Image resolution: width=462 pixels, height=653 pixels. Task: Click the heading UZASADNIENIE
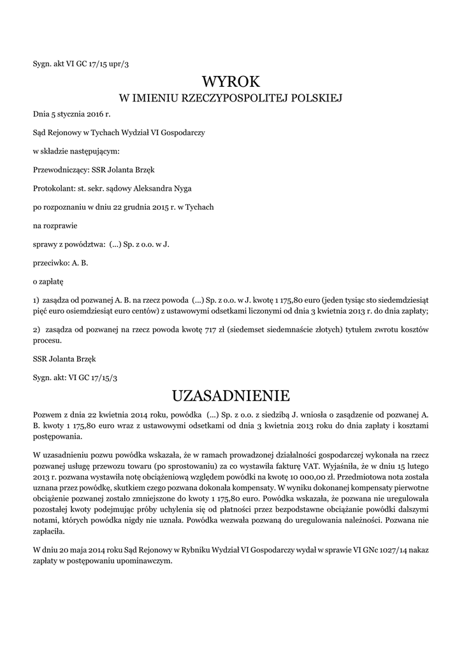point(231,396)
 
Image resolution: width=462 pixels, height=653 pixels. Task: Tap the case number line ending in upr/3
point(85,63)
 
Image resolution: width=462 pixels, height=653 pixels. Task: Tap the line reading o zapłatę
point(48,280)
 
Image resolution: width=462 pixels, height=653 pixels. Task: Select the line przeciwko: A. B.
point(61,262)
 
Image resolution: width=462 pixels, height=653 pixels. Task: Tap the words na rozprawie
point(55,225)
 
